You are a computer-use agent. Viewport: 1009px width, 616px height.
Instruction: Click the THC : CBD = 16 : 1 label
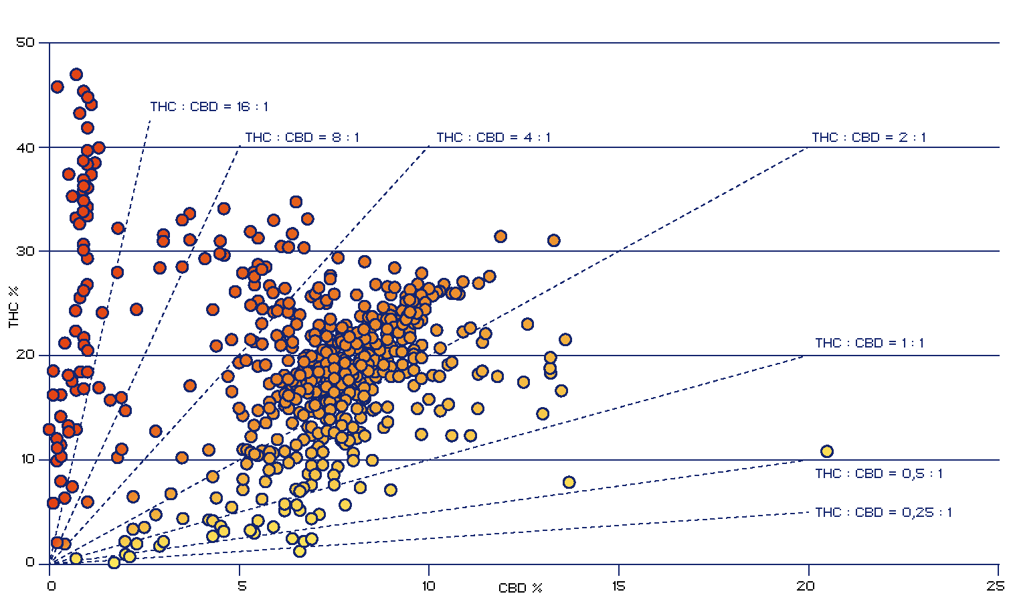click(209, 106)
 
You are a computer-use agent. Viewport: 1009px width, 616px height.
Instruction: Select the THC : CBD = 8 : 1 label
click(302, 137)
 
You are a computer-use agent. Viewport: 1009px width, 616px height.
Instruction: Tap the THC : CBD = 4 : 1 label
click(493, 137)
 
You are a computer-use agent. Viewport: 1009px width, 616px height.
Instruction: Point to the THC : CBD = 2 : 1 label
click(868, 137)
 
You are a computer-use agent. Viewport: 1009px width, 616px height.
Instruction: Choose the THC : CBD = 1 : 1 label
click(869, 343)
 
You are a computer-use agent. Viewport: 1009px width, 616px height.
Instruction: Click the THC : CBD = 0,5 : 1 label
click(879, 473)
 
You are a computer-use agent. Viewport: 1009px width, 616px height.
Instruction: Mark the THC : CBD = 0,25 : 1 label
click(883, 512)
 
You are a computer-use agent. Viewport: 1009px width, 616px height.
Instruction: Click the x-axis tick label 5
click(242, 587)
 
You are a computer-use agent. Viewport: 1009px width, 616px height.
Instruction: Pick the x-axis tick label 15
click(619, 587)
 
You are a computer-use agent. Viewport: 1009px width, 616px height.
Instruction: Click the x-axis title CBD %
click(520, 589)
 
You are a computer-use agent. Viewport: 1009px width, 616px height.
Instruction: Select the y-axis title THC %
click(13, 307)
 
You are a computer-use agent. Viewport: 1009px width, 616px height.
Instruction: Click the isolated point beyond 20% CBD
click(827, 451)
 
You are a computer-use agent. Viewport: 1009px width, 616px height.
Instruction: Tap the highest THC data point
click(76, 74)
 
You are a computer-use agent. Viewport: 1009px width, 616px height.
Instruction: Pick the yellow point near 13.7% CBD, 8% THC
click(569, 482)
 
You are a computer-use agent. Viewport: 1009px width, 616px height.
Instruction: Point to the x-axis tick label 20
click(806, 587)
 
